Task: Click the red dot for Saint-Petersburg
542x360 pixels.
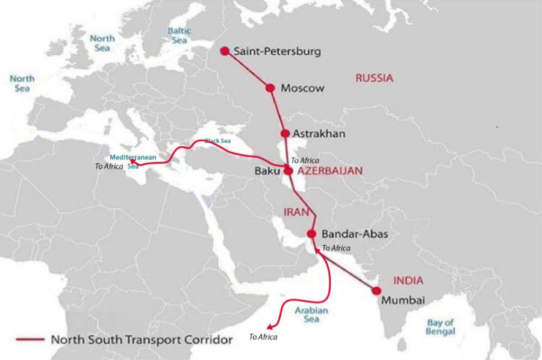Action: pos(225,51)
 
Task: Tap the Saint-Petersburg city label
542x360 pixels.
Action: pos(277,52)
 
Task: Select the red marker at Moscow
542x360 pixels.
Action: pos(270,88)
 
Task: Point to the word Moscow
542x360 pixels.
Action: pos(302,88)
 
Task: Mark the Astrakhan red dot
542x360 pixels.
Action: pos(285,134)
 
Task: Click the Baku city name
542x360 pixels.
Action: pos(267,171)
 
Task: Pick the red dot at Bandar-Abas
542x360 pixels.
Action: pos(311,234)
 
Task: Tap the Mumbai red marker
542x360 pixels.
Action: pos(377,291)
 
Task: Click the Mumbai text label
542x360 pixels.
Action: pos(404,300)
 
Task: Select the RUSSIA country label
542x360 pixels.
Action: pos(374,78)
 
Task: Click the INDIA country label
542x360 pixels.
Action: pos(408,281)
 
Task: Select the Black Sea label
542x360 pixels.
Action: pos(217,141)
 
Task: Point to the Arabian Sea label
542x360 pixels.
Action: pos(311,315)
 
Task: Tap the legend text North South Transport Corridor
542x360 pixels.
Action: pos(142,340)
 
